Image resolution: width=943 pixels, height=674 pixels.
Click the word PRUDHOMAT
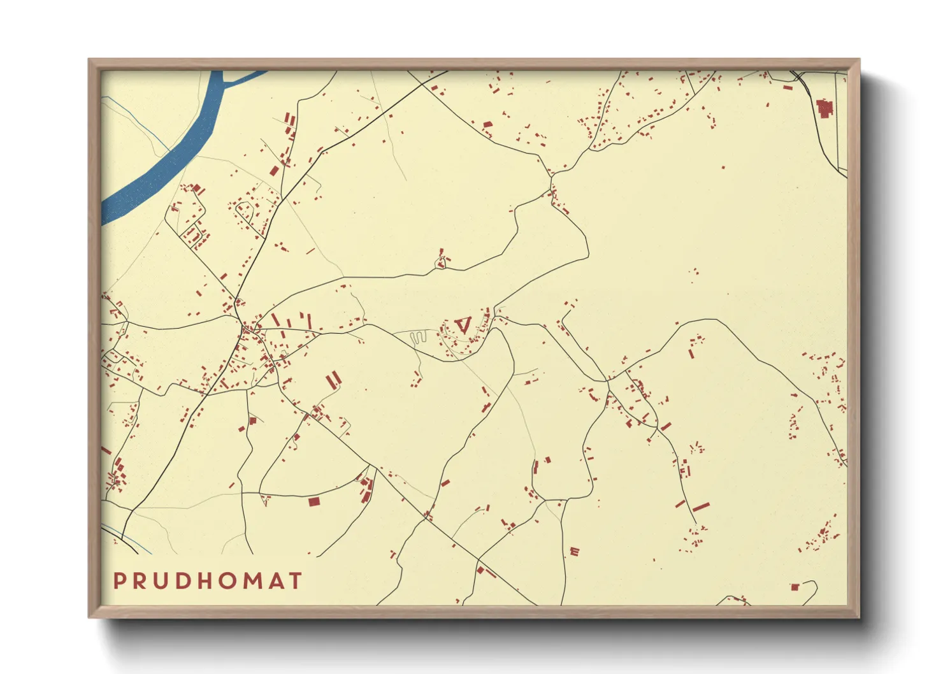point(207,580)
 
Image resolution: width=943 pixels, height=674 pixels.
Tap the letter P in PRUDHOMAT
point(119,580)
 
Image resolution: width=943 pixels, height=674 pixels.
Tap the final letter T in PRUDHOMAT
point(296,580)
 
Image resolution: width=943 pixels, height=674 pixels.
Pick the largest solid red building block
point(825,108)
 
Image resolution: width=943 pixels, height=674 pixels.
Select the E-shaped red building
point(575,551)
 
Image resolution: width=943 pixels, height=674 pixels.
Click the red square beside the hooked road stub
point(795,587)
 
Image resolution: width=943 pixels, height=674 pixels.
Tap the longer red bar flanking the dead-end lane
point(701,508)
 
